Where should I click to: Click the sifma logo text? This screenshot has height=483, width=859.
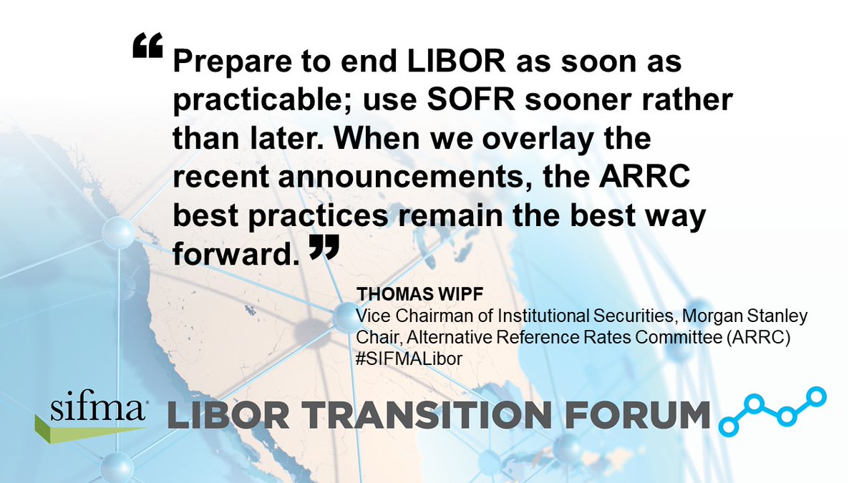pyautogui.click(x=99, y=410)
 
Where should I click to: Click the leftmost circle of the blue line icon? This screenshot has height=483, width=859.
pyautogui.click(x=729, y=425)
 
